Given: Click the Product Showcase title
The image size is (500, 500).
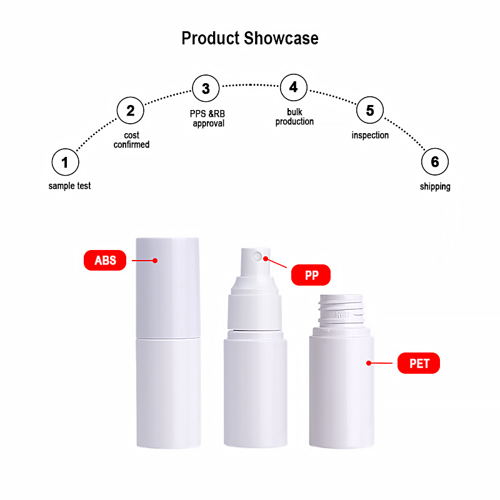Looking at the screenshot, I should tap(250, 38).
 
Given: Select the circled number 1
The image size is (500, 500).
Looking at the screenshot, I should tap(65, 163).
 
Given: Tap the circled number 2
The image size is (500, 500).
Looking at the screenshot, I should tap(131, 111).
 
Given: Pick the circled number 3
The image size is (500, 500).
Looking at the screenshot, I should tap(206, 88).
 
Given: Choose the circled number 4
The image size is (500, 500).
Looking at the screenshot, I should tap(294, 87).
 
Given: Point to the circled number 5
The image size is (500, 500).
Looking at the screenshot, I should tap(370, 111).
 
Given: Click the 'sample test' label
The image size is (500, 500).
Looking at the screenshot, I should tap(69, 186).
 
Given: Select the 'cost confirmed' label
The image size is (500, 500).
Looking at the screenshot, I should tap(131, 140).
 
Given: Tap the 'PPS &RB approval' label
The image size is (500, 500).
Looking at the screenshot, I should tap(208, 119).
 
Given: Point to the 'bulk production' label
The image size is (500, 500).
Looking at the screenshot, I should tap(294, 116).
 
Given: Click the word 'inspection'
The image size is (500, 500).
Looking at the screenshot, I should tap(370, 135).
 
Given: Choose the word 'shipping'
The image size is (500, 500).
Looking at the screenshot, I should tap(435, 186).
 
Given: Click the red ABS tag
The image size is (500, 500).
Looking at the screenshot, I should tap(105, 260).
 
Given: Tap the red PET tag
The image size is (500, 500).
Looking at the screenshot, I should tap(419, 363).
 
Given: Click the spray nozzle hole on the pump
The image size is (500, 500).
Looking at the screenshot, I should tap(256, 256).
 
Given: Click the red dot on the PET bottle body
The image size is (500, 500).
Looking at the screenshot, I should tap(369, 362).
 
